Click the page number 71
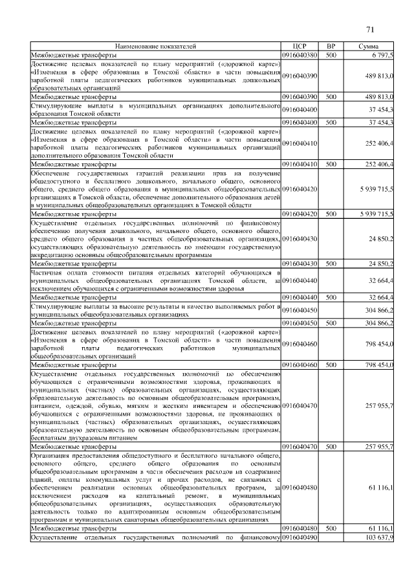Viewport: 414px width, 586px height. pyautogui.click(x=370, y=29)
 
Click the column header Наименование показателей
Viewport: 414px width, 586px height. pyautogui.click(x=155, y=47)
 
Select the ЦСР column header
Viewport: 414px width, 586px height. pyautogui.click(x=299, y=47)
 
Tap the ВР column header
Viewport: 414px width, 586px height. pyautogui.click(x=331, y=47)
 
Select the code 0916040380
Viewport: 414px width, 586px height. pyautogui.click(x=300, y=56)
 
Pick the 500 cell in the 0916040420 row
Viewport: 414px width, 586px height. pyautogui.click(x=331, y=213)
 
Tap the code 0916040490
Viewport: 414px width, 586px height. pyautogui.click(x=300, y=537)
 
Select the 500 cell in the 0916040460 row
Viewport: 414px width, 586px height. pyautogui.click(x=331, y=365)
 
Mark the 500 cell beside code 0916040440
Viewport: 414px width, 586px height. pyautogui.click(x=331, y=297)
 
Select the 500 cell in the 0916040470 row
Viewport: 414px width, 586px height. pyautogui.click(x=331, y=447)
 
